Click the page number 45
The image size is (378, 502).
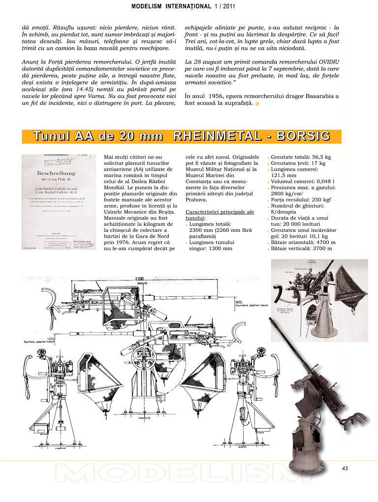345,468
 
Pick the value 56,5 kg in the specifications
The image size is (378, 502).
318,157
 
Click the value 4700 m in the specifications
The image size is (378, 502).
325,242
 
